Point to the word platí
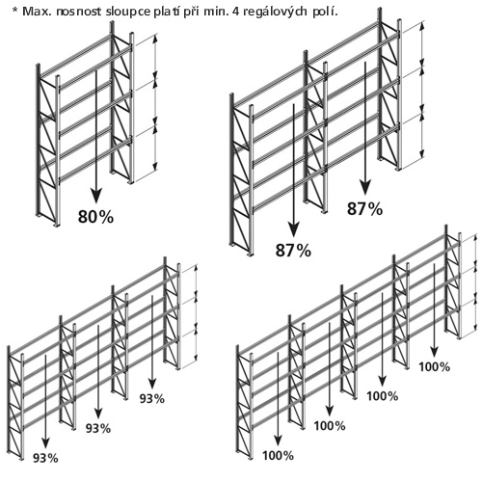tap(166, 12)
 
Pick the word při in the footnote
tap(191, 12)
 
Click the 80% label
tap(95, 217)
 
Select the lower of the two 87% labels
tap(293, 250)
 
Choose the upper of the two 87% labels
tap(365, 208)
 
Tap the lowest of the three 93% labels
tap(45, 458)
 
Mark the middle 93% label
tap(98, 428)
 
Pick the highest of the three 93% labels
tap(152, 398)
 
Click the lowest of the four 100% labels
tap(278, 455)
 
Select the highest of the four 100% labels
tap(435, 366)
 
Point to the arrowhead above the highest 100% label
tap(435, 351)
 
